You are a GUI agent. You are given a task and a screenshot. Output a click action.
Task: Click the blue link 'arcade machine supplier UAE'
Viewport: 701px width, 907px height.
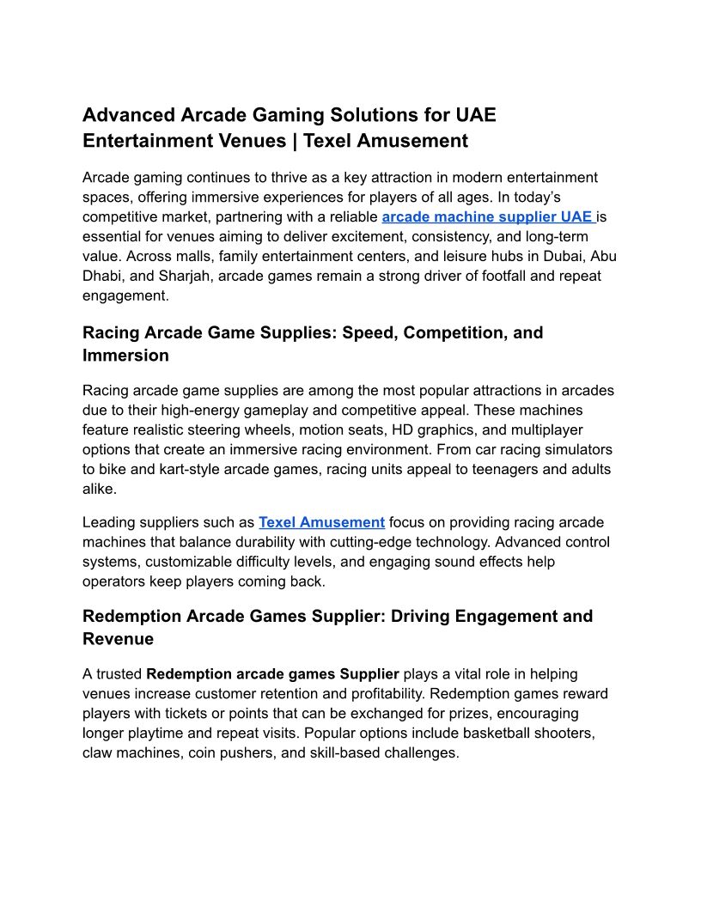pos(487,217)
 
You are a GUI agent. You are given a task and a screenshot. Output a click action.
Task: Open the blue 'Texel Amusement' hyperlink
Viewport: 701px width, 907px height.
pos(321,522)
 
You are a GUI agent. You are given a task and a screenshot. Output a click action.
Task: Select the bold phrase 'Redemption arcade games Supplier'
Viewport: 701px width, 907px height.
pos(272,674)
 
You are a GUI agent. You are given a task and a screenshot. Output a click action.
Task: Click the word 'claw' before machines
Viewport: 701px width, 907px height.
pos(98,753)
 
